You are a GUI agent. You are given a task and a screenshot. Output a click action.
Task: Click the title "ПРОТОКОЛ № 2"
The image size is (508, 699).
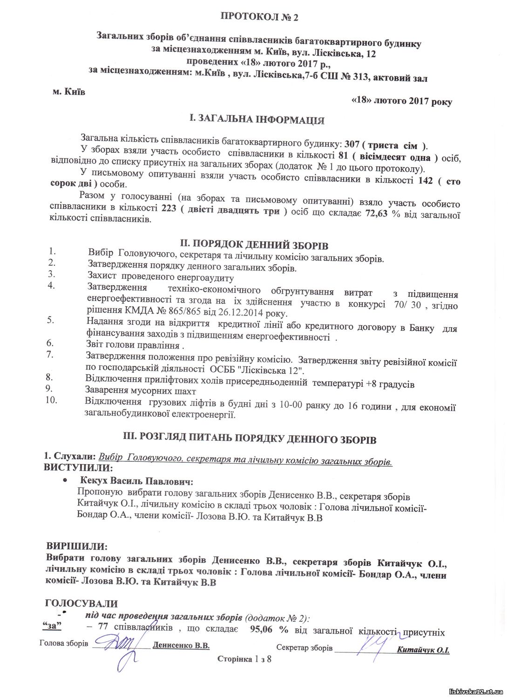pyautogui.click(x=258, y=17)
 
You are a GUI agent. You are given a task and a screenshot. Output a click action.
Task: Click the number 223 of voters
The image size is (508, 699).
pyautogui.click(x=168, y=210)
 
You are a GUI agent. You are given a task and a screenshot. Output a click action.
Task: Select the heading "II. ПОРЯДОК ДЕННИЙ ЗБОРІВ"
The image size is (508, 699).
pyautogui.click(x=254, y=245)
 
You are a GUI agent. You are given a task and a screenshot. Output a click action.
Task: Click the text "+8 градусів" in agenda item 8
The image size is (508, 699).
pyautogui.click(x=390, y=384)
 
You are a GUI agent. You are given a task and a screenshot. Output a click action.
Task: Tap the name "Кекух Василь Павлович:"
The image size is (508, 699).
pyautogui.click(x=136, y=480)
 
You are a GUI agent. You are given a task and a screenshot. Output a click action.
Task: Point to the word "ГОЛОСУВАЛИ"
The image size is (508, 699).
pyautogui.click(x=81, y=603)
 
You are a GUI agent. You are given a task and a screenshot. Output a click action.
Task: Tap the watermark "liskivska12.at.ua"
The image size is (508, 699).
pyautogui.click(x=475, y=691)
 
